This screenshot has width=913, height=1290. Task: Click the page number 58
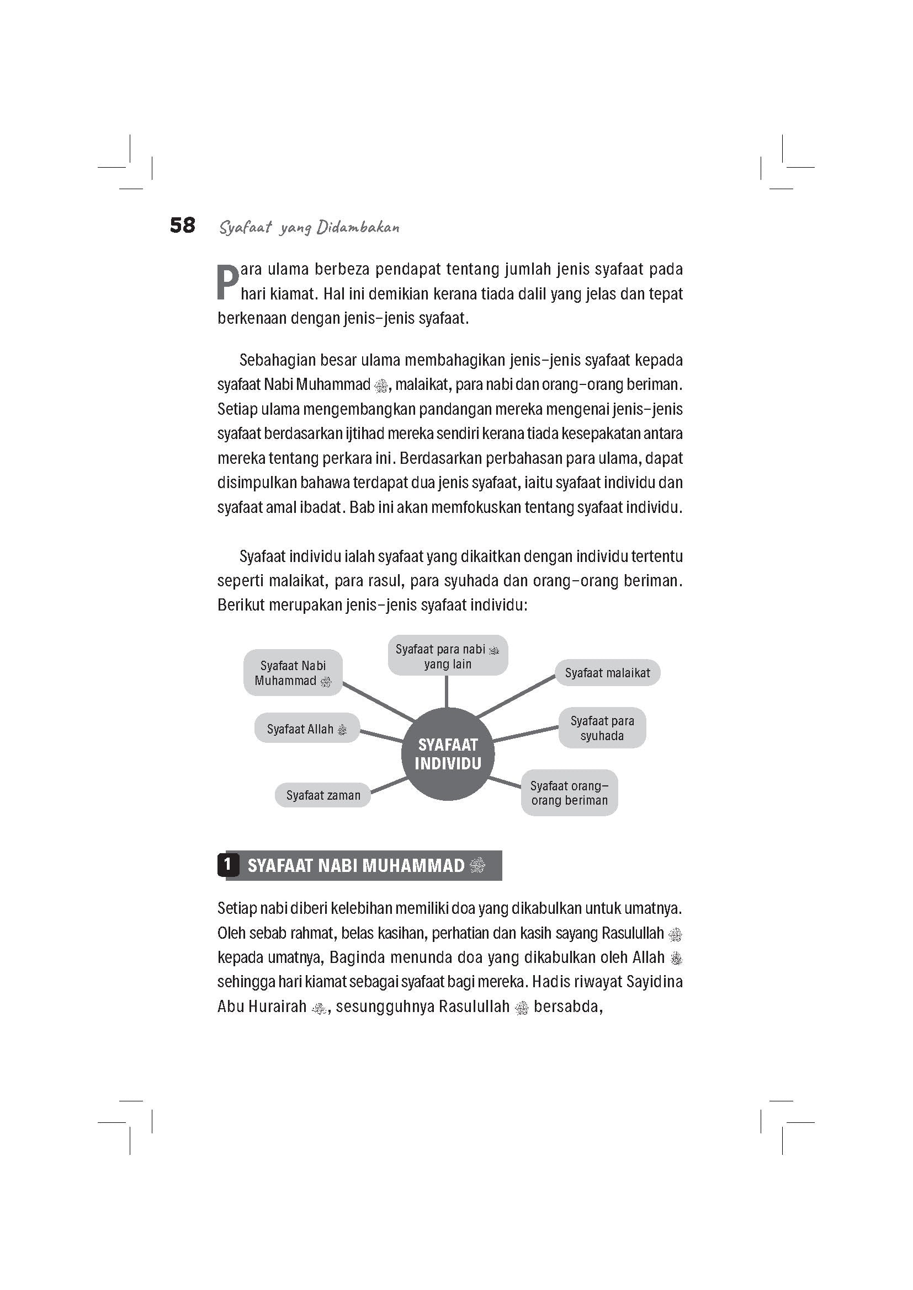point(182,226)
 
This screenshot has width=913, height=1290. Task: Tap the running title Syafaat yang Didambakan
point(309,228)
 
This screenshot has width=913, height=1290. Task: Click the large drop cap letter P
point(227,282)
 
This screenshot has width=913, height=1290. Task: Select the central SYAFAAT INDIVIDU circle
point(448,754)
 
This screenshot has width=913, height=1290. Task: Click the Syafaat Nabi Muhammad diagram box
point(293,672)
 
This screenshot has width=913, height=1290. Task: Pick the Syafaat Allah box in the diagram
point(306,729)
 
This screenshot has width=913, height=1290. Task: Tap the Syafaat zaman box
point(323,795)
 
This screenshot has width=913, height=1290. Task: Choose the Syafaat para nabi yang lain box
point(448,656)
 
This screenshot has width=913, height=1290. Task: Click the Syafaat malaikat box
point(607,672)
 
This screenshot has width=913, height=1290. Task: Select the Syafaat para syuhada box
point(602,727)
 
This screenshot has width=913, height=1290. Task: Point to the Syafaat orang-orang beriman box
point(569,793)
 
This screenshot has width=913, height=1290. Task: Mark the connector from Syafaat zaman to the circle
point(389,786)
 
